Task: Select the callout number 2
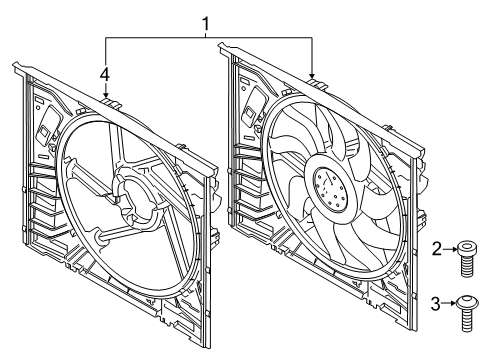tap(437, 249)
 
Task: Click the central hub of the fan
tap(329, 185)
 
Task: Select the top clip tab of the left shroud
tap(109, 101)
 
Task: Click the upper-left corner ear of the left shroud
tap(17, 68)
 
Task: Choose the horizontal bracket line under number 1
tap(208, 38)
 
